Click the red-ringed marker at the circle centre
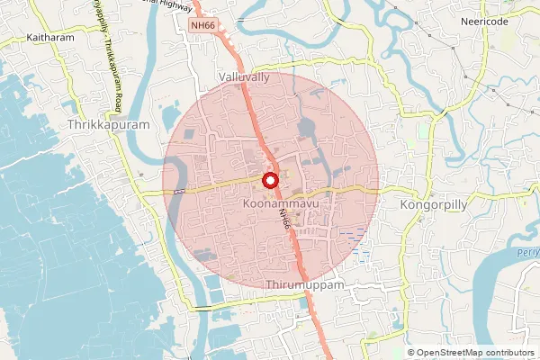(x=269, y=180)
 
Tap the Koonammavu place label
(x=278, y=205)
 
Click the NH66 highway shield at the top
(x=202, y=26)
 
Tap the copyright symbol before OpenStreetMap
(x=410, y=353)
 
